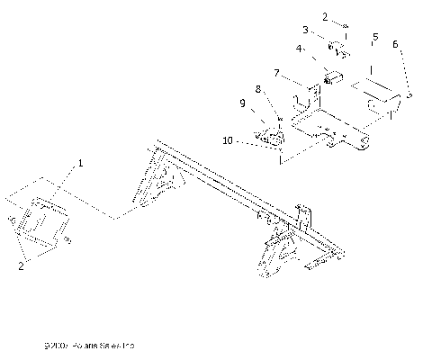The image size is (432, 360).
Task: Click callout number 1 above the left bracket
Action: pyautogui.click(x=80, y=164)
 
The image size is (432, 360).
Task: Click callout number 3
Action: pyautogui.click(x=306, y=31)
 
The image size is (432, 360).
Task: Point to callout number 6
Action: pyautogui.click(x=396, y=43)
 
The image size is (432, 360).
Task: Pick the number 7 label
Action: pyautogui.click(x=276, y=72)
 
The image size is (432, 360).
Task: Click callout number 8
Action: pyautogui.click(x=257, y=89)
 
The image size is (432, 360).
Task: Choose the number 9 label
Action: pyautogui.click(x=241, y=103)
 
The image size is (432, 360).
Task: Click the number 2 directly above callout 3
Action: pyautogui.click(x=324, y=15)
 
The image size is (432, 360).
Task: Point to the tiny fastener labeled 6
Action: pyautogui.click(x=410, y=94)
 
